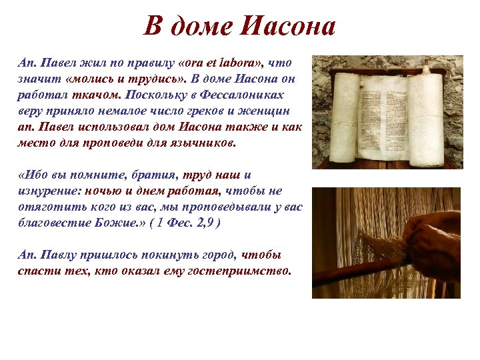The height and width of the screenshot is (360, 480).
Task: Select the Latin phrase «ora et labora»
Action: [x=222, y=62]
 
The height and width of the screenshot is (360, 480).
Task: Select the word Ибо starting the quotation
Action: [x=32, y=175]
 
